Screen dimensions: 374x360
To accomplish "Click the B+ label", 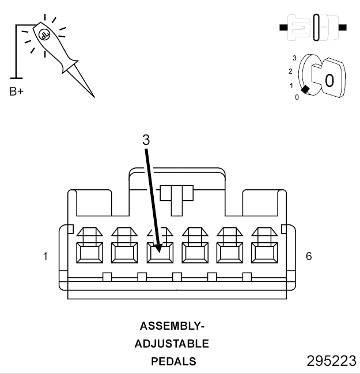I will point(17,91).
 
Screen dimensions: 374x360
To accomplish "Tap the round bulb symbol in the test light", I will point(44,34).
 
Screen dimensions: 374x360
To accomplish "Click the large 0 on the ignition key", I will point(329,80).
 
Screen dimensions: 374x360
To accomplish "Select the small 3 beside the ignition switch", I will point(294,58).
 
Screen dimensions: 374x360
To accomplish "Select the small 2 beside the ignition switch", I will point(290,71).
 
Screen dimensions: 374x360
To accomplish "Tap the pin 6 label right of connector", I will point(309,256).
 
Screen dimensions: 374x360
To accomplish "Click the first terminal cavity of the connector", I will point(89,252).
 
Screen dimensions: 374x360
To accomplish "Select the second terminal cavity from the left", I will point(124,252).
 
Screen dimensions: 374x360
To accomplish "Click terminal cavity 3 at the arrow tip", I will point(160,252).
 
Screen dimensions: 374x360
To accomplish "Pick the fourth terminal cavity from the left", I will point(195,252).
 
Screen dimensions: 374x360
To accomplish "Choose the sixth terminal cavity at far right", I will point(264,252).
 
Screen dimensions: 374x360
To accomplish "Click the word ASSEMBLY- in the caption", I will point(172,326).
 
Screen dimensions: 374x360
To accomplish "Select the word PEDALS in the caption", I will point(173,362).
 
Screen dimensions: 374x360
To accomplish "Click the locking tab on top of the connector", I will point(176,192).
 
